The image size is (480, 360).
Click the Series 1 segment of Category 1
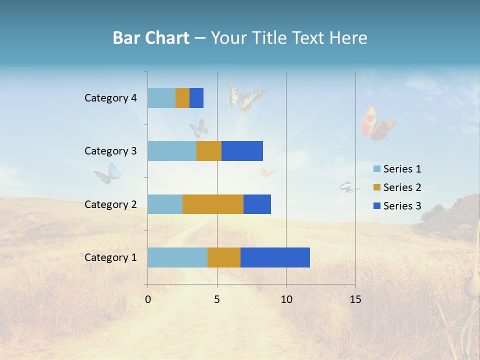[x=177, y=257]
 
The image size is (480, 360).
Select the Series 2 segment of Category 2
[x=213, y=204]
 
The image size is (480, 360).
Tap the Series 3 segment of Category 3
[x=242, y=151]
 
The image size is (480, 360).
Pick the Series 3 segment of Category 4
[x=196, y=98]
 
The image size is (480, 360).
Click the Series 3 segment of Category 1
[x=275, y=257]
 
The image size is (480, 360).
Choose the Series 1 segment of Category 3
[x=172, y=151]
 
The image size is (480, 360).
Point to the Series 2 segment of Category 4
[x=182, y=98]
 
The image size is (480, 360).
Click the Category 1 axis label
[x=110, y=257]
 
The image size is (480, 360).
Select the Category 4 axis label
[x=110, y=98]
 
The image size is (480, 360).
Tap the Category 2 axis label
[x=110, y=204]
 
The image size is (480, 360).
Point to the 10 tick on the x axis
[x=286, y=299]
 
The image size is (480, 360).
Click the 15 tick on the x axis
[x=355, y=299]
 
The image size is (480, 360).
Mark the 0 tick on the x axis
[x=148, y=299]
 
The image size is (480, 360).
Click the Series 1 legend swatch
[x=376, y=169]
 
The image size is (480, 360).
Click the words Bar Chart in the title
[x=151, y=38]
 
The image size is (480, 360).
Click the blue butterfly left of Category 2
[x=108, y=173]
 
